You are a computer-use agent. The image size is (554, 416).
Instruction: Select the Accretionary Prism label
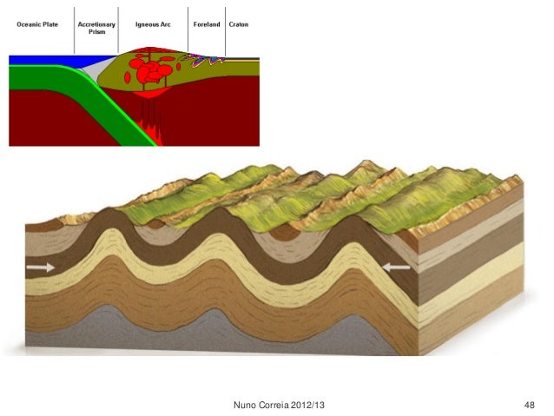tap(96, 28)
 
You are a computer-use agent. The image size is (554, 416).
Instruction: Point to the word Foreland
tap(206, 24)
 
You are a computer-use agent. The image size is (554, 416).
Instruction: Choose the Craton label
tap(239, 24)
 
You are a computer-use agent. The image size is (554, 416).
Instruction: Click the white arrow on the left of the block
tap(40, 268)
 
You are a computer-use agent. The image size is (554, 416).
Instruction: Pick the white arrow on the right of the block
tap(397, 268)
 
